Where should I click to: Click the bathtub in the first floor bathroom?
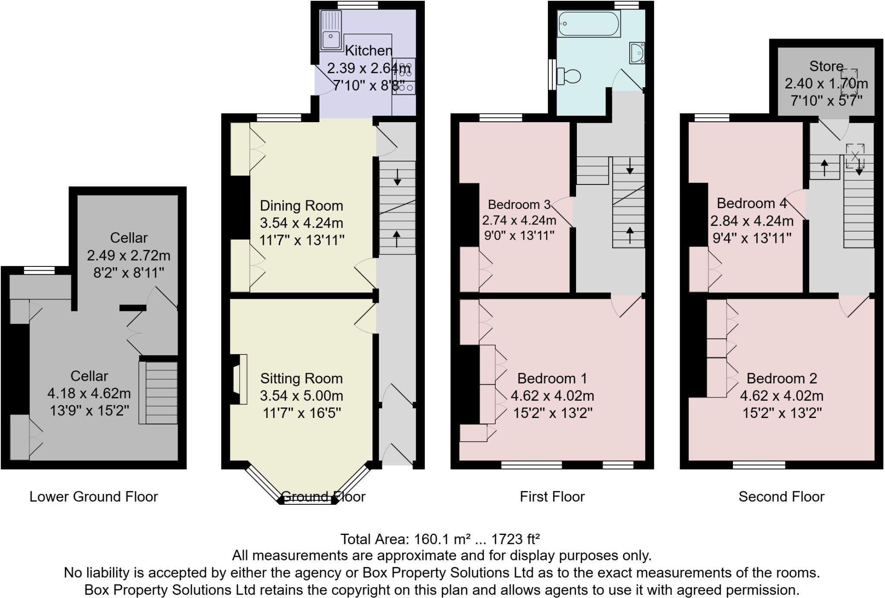coord(589,23)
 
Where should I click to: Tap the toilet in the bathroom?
coord(569,76)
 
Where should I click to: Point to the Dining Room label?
coord(301,206)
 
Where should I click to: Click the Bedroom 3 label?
coord(519,204)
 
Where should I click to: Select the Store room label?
coord(826,66)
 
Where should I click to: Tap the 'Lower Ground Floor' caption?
coord(94,497)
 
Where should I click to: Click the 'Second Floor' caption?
coord(781,497)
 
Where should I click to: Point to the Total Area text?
coord(440,539)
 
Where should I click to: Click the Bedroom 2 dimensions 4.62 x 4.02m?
coord(781,396)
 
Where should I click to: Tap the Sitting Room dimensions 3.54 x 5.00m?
coord(301,396)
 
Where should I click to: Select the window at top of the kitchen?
coord(358,5)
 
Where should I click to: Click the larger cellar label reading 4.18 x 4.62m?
coord(89,393)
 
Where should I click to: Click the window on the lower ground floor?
coord(39,270)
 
